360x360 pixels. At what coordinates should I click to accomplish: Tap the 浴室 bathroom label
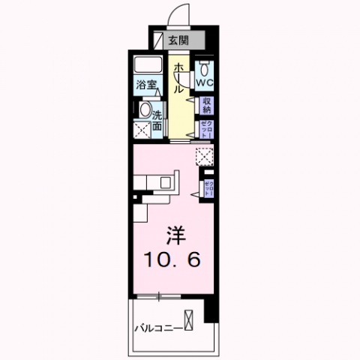pos(145,85)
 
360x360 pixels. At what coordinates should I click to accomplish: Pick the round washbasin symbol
pos(144,110)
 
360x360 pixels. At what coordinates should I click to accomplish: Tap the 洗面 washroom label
pos(158,121)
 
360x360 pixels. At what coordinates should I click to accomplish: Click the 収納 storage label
pos(206,106)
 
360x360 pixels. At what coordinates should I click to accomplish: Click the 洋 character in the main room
pos(173,232)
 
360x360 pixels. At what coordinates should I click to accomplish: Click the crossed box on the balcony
pos(190,319)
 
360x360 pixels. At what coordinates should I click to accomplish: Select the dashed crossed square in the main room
pos(204,155)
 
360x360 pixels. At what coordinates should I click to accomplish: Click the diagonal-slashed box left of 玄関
pos(158,40)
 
